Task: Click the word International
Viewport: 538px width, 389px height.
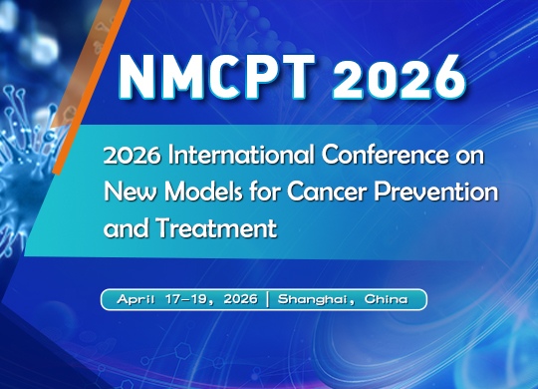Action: tap(216, 157)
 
